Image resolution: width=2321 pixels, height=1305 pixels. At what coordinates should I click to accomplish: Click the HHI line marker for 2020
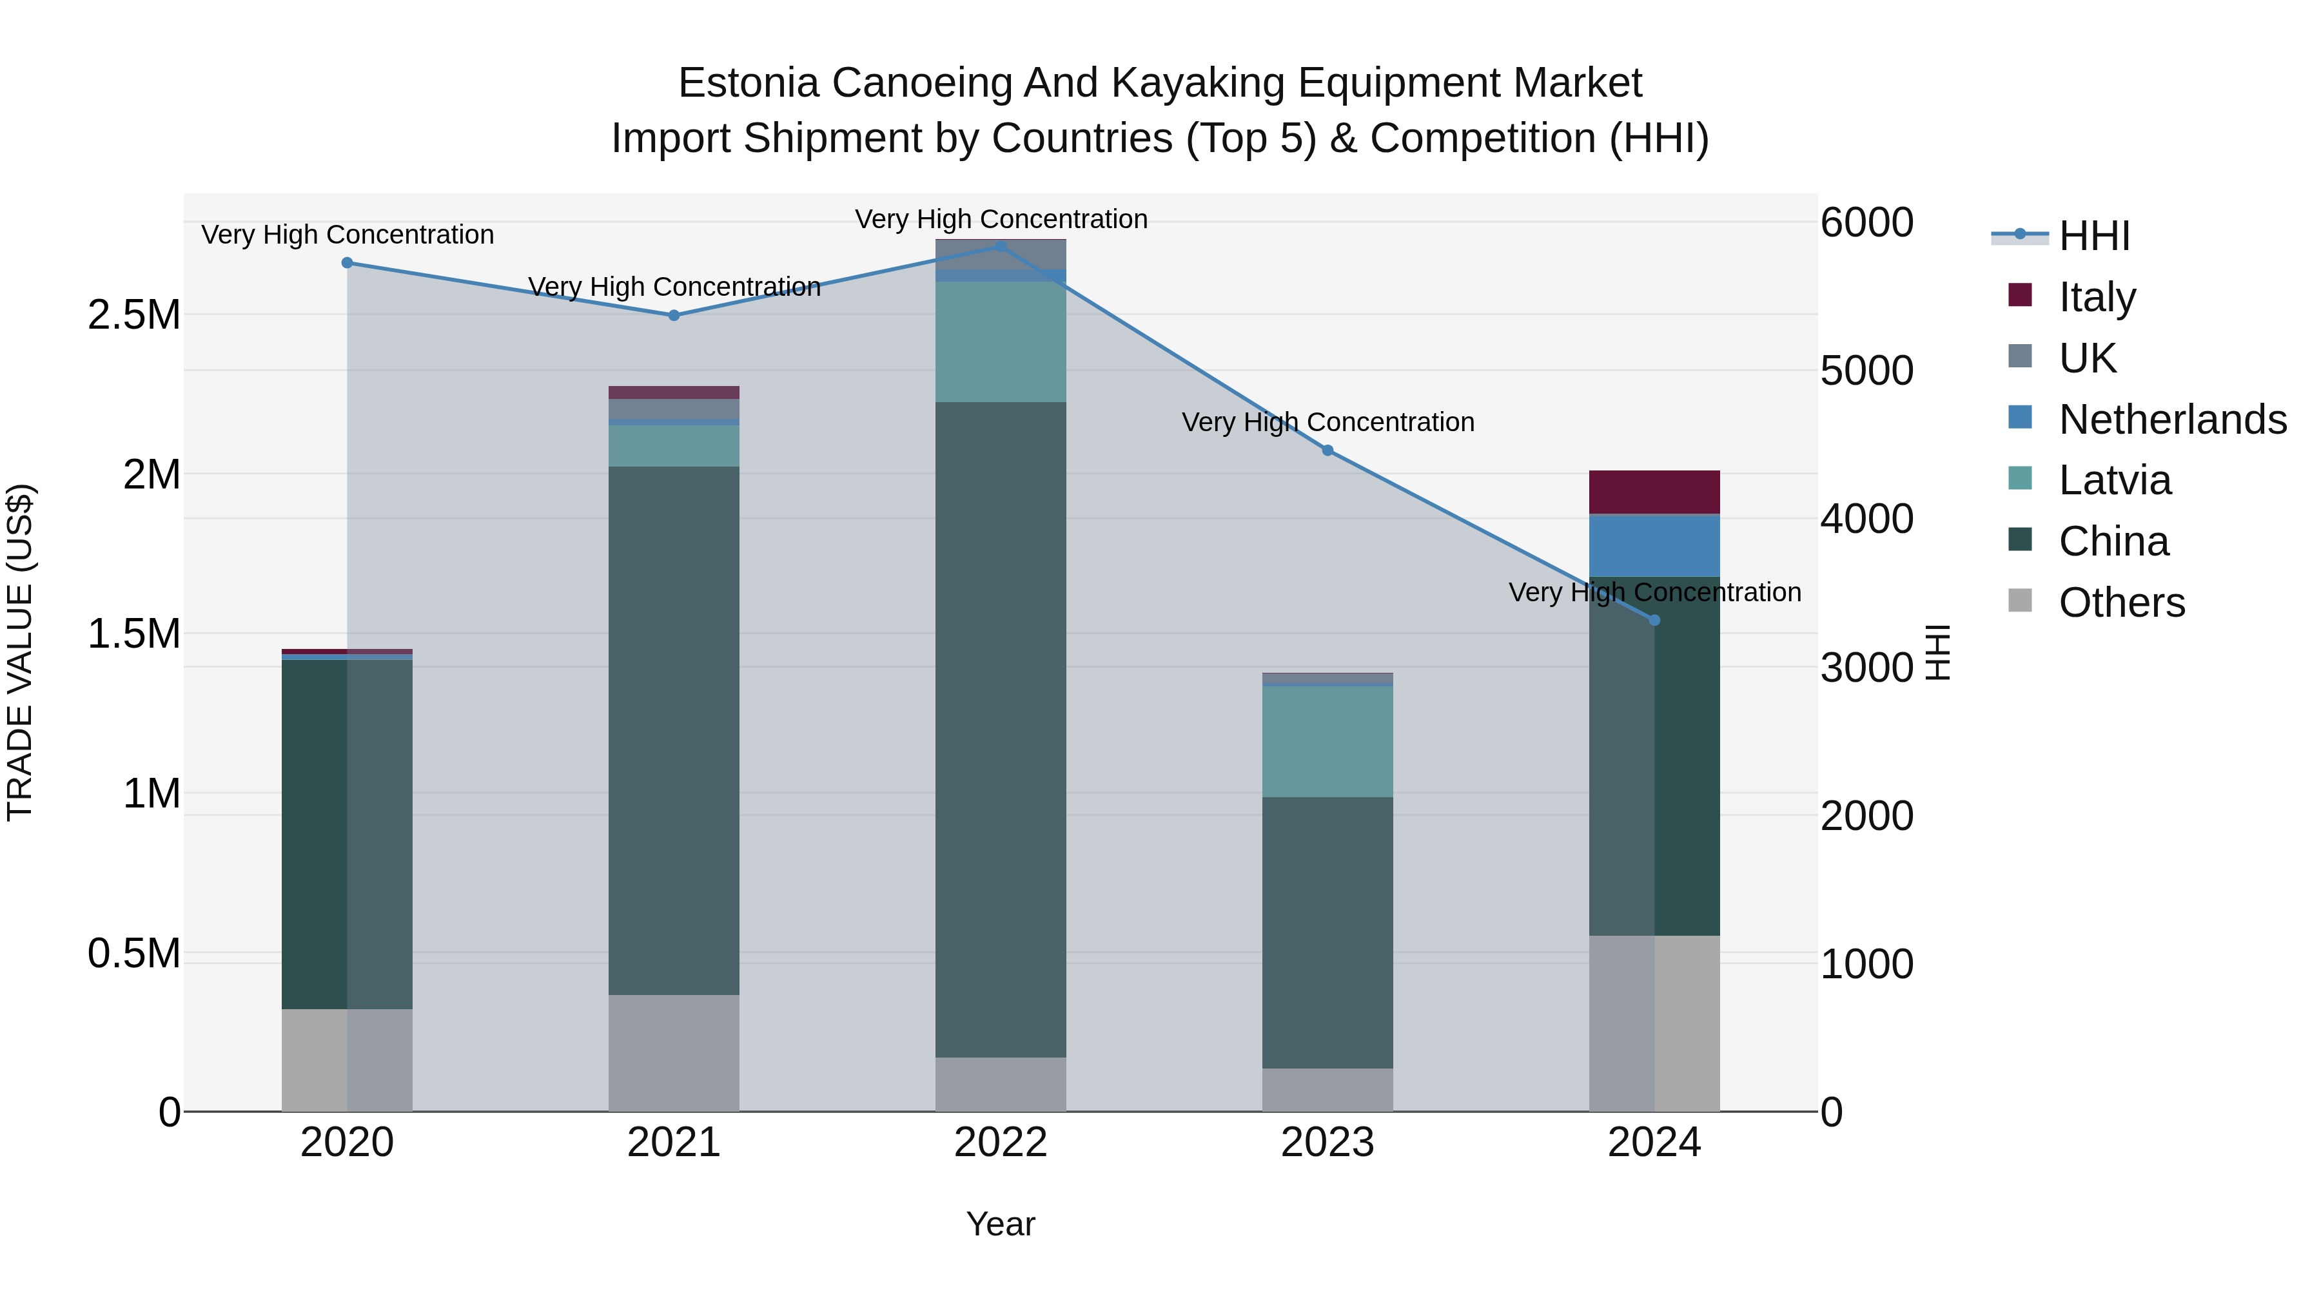(x=347, y=263)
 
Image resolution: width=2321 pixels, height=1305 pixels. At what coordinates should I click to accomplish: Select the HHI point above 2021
(x=674, y=315)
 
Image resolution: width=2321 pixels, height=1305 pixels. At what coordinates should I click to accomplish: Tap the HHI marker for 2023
(x=1327, y=450)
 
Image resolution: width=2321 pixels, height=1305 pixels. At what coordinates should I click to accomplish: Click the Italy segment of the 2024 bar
(x=1654, y=492)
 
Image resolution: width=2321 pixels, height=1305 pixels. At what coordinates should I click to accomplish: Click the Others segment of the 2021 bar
(x=674, y=1053)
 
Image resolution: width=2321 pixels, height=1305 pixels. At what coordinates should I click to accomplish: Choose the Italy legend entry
(x=2097, y=297)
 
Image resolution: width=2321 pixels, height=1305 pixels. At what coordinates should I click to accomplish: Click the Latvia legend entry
(x=2115, y=480)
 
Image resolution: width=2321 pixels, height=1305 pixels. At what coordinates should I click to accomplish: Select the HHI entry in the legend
(x=2094, y=236)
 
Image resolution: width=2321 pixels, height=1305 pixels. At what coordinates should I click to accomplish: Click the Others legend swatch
(x=2020, y=601)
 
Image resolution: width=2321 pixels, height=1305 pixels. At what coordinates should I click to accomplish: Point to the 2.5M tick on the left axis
(x=133, y=315)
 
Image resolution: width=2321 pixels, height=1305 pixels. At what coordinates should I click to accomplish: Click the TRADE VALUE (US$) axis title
(x=20, y=652)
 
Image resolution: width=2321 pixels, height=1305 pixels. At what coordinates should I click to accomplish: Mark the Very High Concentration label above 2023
(x=1327, y=421)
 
